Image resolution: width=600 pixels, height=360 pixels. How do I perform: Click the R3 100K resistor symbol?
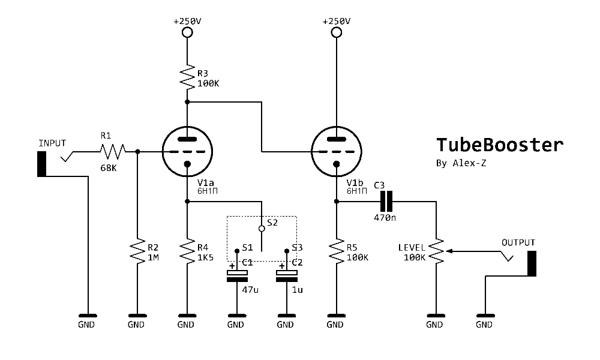(x=187, y=76)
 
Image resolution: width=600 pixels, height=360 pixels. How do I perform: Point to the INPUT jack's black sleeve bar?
(x=42, y=164)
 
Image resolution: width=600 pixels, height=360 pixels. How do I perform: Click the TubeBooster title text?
(x=499, y=145)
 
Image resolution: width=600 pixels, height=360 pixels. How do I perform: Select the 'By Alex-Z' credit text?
(x=461, y=164)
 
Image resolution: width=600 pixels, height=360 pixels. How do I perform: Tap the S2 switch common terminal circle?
(x=262, y=228)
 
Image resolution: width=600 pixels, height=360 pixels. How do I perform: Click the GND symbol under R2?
(x=137, y=316)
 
